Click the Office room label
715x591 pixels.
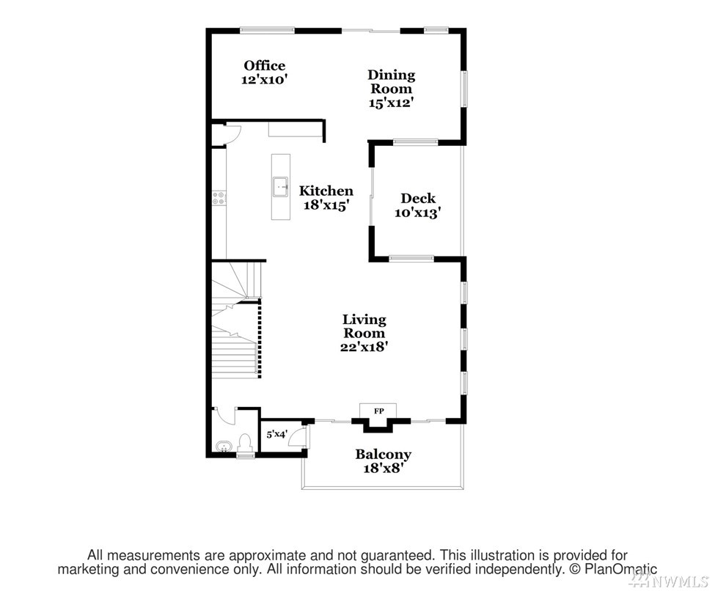265,66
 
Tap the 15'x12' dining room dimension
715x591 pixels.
391,103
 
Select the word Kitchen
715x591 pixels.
326,191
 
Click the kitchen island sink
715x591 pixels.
280,187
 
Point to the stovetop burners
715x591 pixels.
219,198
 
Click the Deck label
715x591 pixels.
418,199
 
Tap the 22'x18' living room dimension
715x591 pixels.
364,347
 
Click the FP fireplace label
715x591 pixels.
378,411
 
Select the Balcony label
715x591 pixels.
384,454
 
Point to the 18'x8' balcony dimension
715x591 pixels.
384,468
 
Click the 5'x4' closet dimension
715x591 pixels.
276,434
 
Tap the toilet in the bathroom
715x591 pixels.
246,443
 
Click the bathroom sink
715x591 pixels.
224,447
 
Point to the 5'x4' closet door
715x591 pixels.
298,437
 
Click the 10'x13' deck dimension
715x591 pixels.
418,213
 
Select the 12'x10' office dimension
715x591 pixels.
265,79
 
